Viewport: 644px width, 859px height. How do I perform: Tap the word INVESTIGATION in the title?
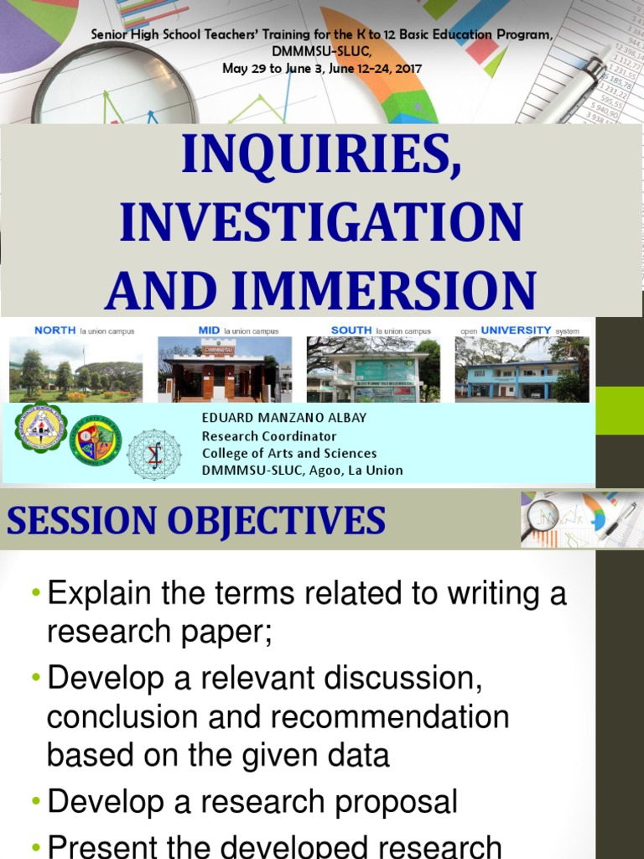point(321,225)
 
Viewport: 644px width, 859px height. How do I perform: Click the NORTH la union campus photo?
point(76,369)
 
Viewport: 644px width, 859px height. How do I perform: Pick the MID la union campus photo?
point(225,369)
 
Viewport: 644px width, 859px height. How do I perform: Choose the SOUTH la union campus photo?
point(373,369)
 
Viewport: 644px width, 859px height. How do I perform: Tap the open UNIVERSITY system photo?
point(522,369)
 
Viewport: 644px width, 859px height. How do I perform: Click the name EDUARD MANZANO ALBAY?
point(284,418)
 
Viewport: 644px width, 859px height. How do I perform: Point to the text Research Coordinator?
point(269,436)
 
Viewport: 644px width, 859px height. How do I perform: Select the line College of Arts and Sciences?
point(289,453)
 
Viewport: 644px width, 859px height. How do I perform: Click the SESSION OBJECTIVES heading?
point(196,521)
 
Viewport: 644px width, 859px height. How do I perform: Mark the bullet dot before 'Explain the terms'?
point(35,594)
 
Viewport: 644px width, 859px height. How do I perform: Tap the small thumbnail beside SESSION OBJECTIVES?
point(579,520)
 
